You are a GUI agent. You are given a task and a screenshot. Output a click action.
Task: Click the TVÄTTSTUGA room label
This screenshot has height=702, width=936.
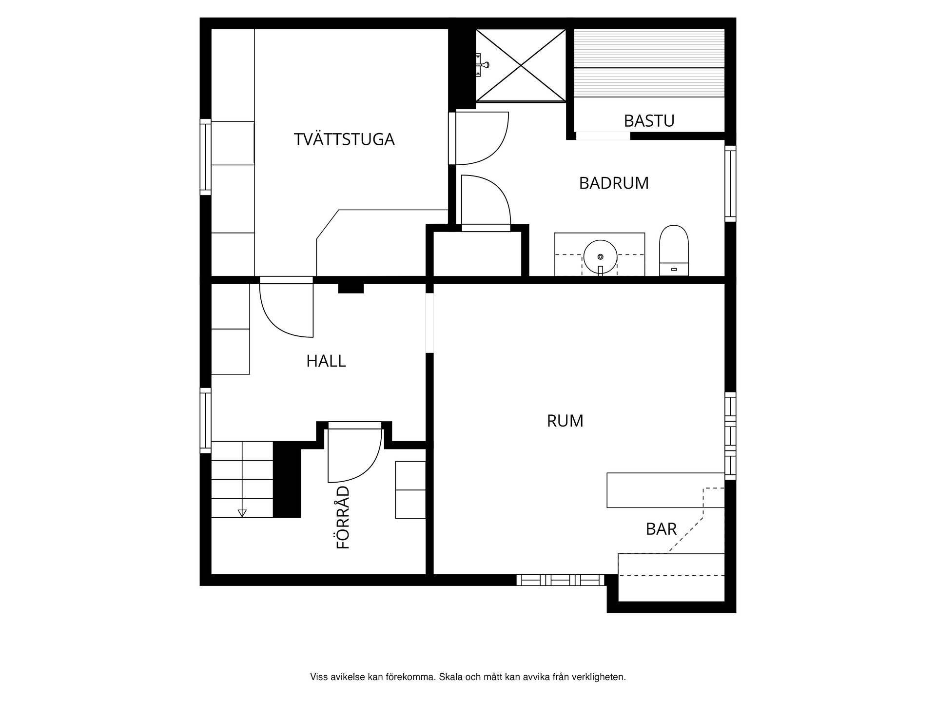[344, 139]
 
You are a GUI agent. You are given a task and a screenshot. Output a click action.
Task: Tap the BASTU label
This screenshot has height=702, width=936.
[649, 120]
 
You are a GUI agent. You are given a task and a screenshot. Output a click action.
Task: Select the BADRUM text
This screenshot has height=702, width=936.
[613, 183]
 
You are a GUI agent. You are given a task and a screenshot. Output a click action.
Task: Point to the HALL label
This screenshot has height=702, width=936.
[326, 361]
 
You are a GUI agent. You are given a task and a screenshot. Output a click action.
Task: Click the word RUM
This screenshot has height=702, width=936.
[565, 421]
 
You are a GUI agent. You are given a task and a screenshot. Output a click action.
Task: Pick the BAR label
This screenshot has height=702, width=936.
[661, 529]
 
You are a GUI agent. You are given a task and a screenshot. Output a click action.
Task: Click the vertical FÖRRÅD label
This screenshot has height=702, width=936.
[344, 517]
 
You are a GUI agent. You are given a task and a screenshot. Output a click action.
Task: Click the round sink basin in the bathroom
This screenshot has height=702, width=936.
[600, 256]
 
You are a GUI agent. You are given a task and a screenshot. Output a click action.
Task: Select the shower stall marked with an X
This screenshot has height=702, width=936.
[521, 65]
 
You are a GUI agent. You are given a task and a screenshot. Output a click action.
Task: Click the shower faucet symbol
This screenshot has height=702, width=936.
[483, 64]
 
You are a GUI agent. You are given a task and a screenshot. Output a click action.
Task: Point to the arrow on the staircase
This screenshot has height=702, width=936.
[242, 513]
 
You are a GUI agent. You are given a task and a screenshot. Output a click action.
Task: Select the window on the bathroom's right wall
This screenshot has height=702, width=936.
[730, 183]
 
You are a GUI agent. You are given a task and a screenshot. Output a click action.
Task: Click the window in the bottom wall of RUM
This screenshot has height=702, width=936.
[560, 580]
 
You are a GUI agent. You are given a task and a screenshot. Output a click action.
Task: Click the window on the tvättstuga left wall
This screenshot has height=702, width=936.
[206, 157]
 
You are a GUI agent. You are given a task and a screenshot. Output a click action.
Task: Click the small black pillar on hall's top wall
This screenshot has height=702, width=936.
[351, 288]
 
